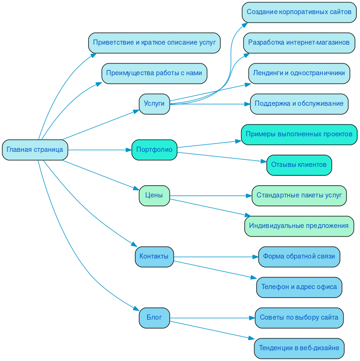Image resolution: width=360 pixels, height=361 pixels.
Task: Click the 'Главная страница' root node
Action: (35, 150)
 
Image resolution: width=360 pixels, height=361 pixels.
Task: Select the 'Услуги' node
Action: (154, 104)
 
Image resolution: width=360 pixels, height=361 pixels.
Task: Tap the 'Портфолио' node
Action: (154, 150)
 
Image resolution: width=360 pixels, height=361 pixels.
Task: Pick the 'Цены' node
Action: (154, 196)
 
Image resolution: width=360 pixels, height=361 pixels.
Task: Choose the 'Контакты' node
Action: (154, 257)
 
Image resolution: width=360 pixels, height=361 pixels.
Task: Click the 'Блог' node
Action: (154, 318)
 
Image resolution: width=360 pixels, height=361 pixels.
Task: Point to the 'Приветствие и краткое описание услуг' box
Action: (154, 43)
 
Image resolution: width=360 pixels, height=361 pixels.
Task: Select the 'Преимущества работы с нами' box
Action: (154, 73)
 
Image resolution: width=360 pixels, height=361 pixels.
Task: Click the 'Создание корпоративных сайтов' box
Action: (299, 12)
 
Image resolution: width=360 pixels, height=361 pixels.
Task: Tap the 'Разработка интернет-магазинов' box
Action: (299, 43)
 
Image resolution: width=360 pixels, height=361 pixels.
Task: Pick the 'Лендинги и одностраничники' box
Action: (299, 73)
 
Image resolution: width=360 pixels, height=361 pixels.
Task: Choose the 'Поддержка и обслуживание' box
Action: (299, 104)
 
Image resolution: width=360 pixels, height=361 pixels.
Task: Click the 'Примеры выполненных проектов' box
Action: (299, 134)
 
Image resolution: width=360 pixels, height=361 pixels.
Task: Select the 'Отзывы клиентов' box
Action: (299, 165)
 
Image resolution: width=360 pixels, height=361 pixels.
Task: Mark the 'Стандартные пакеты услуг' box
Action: (299, 196)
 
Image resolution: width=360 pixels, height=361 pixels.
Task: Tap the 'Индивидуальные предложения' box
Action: (299, 226)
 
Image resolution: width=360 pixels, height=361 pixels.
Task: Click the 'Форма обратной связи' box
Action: (299, 257)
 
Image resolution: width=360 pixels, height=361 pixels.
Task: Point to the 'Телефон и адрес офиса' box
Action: (299, 287)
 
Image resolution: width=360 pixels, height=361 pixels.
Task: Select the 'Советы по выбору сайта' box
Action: (299, 318)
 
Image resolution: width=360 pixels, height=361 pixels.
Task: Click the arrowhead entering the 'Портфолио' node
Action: (128, 150)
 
